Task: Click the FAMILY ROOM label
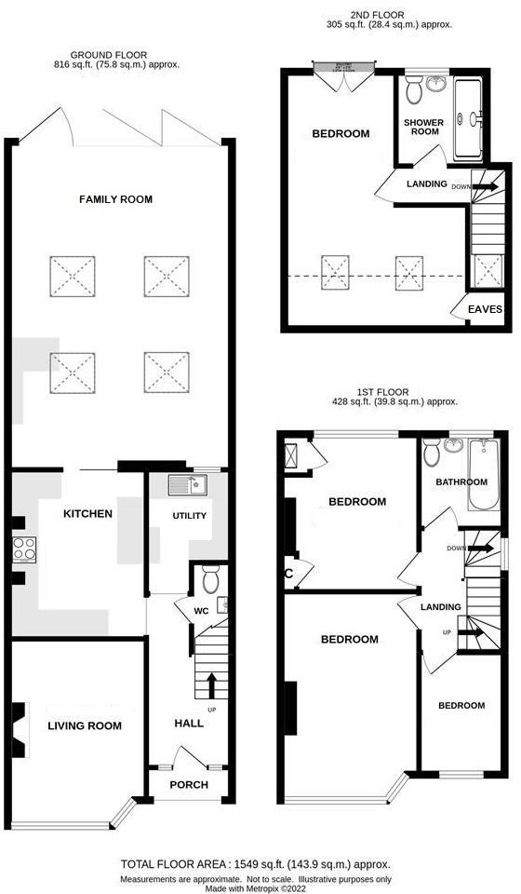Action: tap(115, 199)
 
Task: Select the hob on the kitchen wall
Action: tap(22, 551)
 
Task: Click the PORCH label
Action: tap(188, 784)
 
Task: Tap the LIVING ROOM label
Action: tap(85, 725)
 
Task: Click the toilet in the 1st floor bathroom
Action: tap(430, 454)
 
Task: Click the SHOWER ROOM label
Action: tap(423, 128)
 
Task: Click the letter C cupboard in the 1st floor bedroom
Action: tap(288, 575)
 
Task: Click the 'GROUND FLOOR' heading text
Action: tap(116, 54)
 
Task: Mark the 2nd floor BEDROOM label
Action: tap(341, 134)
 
